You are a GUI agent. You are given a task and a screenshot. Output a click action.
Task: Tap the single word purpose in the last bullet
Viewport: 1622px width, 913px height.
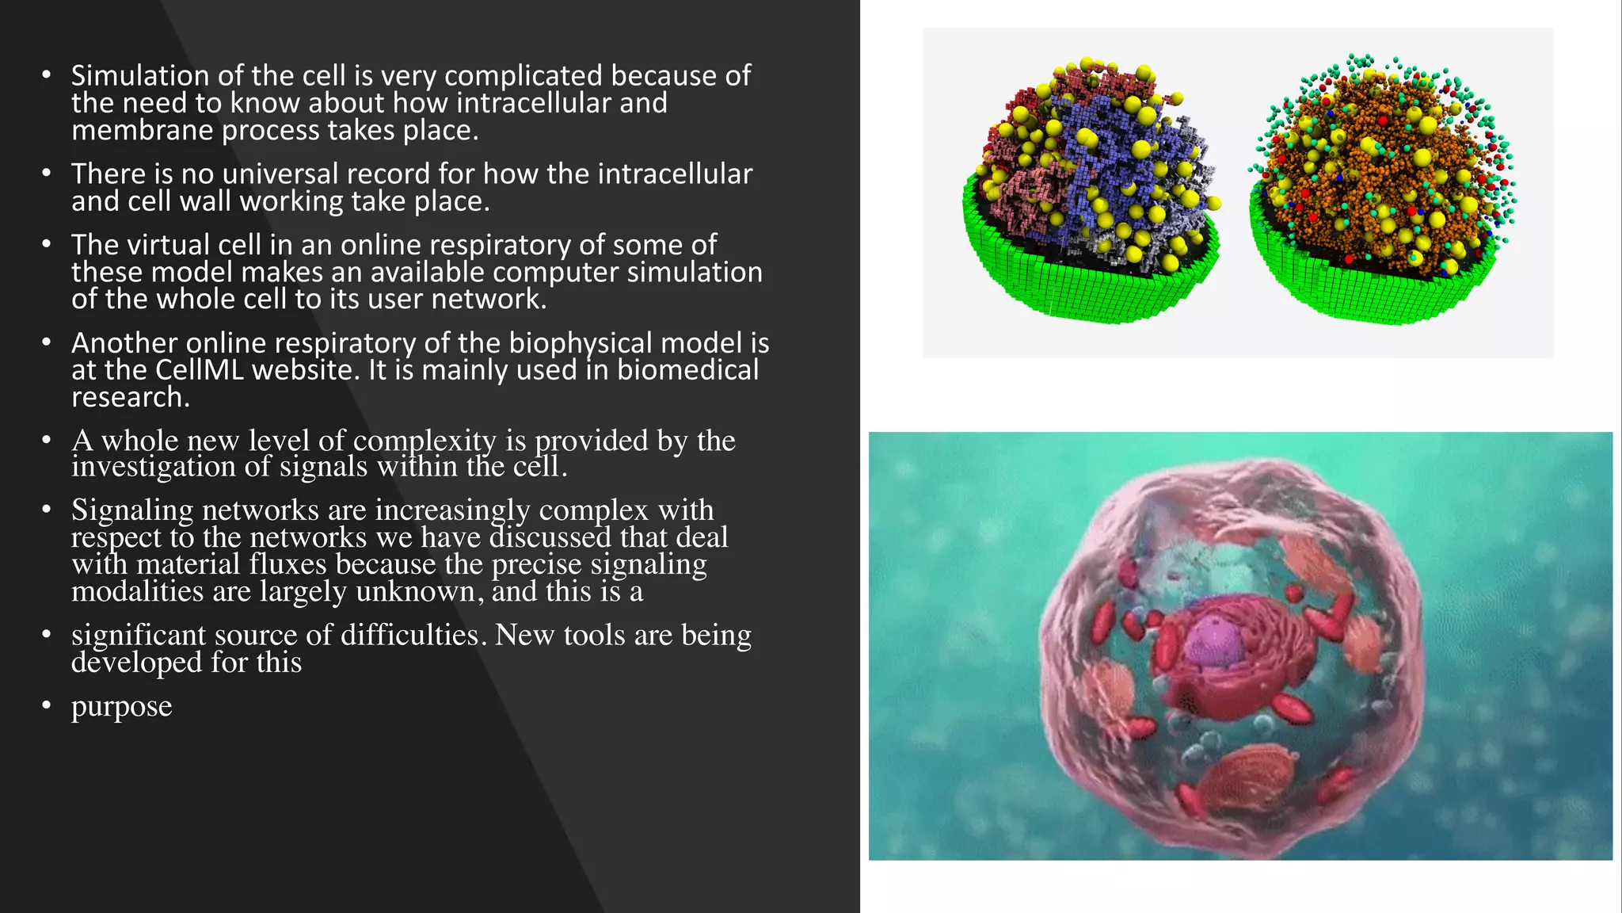[x=121, y=706]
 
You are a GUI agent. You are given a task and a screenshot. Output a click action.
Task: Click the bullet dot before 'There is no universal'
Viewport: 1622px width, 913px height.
[x=47, y=173]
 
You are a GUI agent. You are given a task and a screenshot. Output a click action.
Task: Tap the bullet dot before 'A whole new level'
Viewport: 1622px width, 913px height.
[x=47, y=440]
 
